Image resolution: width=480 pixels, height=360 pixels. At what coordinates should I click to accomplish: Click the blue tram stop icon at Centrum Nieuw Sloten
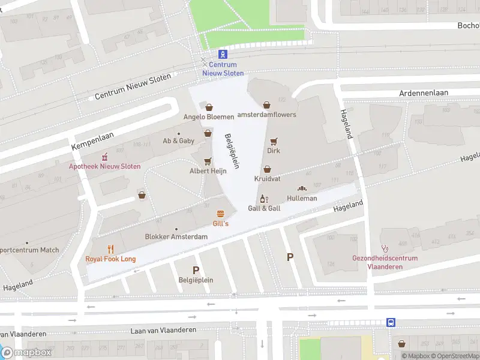point(223,54)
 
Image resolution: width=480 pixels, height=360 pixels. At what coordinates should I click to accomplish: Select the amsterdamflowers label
point(267,115)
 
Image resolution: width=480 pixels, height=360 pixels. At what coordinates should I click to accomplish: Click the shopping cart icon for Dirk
point(274,141)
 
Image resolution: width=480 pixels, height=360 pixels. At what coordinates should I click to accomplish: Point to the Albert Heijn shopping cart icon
point(208,161)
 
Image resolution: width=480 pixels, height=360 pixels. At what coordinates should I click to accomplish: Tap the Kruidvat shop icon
point(267,169)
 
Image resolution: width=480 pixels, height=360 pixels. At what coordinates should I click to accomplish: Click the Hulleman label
point(302,198)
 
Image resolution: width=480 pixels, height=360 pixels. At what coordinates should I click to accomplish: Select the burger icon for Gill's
point(221,214)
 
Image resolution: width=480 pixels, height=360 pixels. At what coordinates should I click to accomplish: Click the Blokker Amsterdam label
point(176,236)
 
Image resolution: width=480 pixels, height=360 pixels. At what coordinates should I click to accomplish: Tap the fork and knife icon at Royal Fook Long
point(110,249)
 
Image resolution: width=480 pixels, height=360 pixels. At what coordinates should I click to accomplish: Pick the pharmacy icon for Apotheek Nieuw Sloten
point(104,157)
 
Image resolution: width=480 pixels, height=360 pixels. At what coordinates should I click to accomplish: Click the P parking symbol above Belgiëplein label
point(196,270)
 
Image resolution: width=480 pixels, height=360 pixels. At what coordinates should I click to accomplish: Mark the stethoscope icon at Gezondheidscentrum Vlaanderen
point(385,248)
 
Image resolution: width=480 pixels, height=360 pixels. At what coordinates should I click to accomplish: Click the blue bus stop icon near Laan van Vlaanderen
point(391,322)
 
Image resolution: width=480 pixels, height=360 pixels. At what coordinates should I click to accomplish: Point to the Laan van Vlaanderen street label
point(163,331)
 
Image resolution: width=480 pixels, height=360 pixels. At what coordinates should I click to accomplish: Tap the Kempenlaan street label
point(92,139)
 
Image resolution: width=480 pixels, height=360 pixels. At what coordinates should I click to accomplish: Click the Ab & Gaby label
point(179,141)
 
